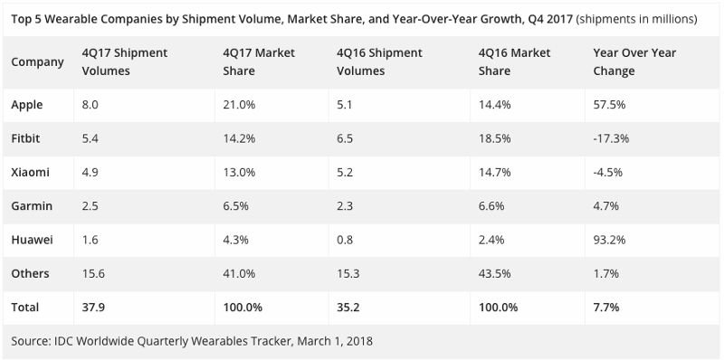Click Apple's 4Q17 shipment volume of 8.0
(90, 105)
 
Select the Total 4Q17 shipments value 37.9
(92, 308)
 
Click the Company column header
(37, 62)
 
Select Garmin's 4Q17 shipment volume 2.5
(90, 206)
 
